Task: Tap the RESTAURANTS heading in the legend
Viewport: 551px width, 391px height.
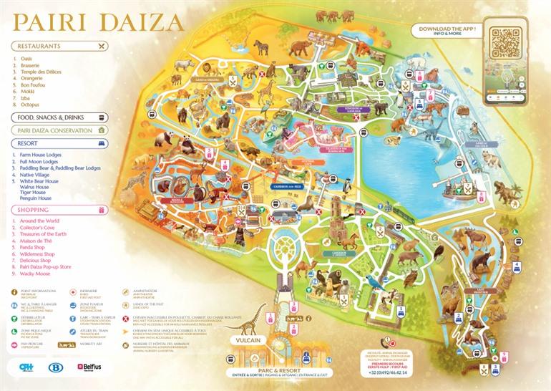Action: pyautogui.click(x=40, y=46)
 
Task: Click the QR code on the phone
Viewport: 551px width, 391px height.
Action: pyautogui.click(x=507, y=44)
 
